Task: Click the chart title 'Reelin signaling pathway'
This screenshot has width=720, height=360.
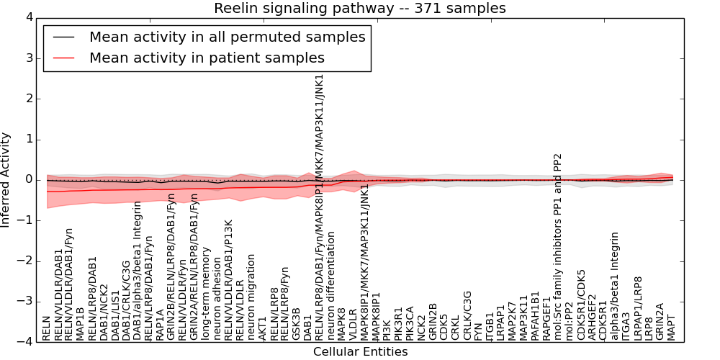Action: point(359,9)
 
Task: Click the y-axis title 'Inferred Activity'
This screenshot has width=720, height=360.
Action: point(6,179)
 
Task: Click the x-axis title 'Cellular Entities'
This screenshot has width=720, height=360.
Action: point(360,352)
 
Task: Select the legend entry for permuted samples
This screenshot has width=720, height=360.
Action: point(227,37)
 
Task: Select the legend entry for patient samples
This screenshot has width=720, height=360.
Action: point(207,58)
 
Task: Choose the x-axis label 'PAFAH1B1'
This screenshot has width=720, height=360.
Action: point(535,316)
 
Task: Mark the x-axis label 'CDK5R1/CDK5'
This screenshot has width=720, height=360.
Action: point(581,305)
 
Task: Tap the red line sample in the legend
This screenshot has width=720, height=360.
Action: point(63,58)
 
